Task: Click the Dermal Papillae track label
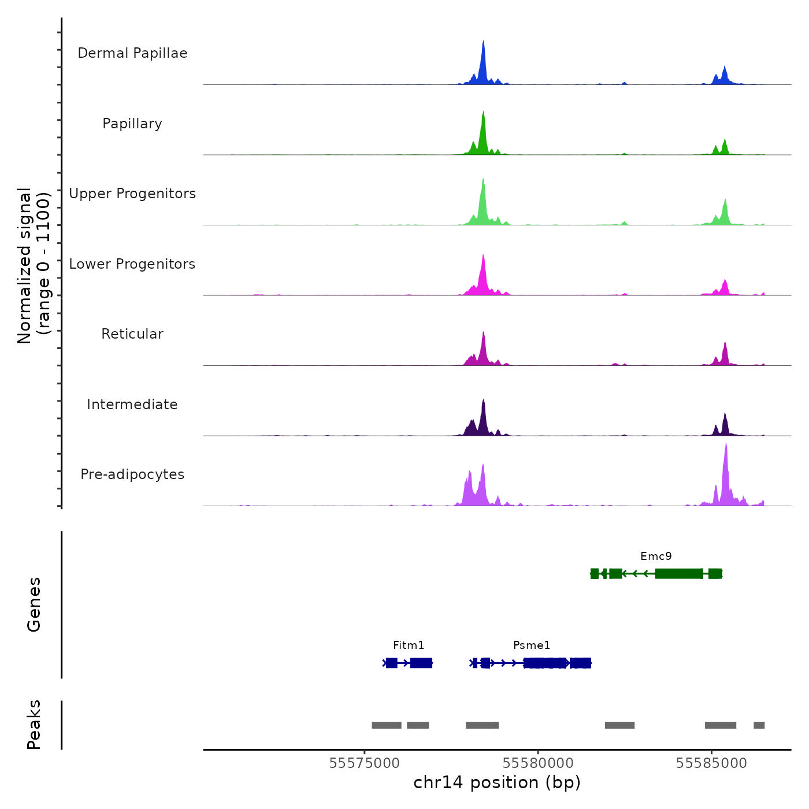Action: click(132, 53)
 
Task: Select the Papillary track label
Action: click(132, 124)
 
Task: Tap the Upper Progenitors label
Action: click(132, 194)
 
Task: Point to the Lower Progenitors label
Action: click(132, 264)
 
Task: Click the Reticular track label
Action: click(132, 334)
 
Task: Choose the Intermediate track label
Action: click(132, 404)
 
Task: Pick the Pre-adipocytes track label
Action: click(132, 474)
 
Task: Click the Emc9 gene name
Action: click(656, 556)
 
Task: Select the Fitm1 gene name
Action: click(409, 645)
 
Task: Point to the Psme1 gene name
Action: click(532, 645)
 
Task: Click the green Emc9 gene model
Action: click(679, 574)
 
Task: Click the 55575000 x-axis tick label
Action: click(364, 763)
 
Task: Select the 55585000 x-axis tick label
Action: click(711, 763)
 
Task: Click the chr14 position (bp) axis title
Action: click(497, 782)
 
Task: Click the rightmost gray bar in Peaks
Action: click(759, 725)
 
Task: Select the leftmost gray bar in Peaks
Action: click(386, 725)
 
